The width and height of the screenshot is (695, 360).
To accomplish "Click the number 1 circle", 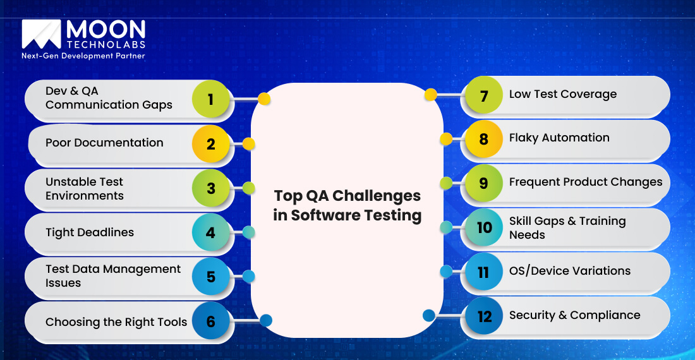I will pos(210,99).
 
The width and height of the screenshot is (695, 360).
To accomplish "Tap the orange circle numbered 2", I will pos(210,144).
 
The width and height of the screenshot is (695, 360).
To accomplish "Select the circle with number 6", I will pos(210,321).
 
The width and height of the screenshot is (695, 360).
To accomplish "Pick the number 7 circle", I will pos(484,96).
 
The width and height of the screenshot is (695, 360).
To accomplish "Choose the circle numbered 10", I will pos(484,227).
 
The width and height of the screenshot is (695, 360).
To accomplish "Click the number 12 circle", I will pos(484,316).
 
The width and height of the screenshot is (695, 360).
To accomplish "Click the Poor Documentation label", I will pos(104,143).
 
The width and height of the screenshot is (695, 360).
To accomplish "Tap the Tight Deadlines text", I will pos(90,232).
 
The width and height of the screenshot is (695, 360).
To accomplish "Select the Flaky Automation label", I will pos(559,138).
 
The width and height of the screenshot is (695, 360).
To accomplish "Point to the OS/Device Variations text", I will pos(570,271).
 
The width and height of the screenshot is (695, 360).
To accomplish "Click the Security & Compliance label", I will pos(574,315).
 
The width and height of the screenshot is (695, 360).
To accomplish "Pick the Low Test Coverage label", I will pos(562,94).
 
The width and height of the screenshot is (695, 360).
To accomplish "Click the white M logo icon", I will pos(41,34).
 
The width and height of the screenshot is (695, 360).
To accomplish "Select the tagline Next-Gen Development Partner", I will pos(83,56).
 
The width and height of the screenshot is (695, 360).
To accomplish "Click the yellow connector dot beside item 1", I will pos(264,99).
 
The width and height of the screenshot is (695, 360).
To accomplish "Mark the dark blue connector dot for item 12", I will pos(428,315).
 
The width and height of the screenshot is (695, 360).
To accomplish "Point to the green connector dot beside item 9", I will pos(446,183).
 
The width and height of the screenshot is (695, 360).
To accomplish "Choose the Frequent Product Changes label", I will pos(586,182).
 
